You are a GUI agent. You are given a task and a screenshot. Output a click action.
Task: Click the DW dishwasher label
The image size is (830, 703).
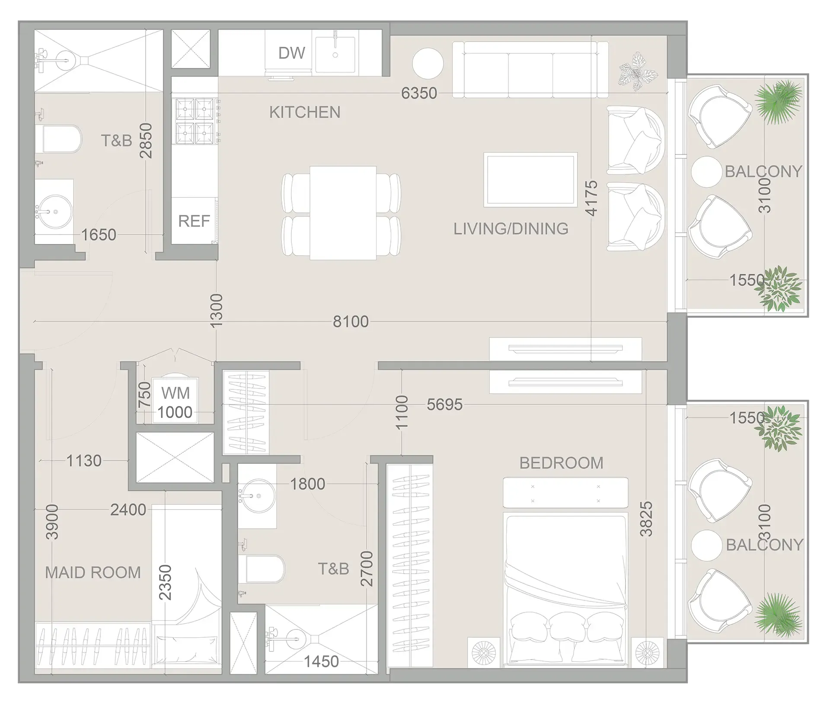pyautogui.click(x=292, y=53)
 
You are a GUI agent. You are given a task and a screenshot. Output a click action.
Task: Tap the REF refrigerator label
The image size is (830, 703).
pyautogui.click(x=194, y=221)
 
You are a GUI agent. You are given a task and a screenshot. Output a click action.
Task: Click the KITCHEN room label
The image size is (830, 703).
pyautogui.click(x=305, y=112)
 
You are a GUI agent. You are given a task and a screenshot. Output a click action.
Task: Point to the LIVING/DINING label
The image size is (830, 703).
pyautogui.click(x=511, y=228)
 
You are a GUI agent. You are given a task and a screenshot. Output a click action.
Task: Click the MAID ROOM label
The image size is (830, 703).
pyautogui.click(x=93, y=573)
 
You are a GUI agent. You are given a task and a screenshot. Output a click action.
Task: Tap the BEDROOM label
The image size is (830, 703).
pyautogui.click(x=561, y=463)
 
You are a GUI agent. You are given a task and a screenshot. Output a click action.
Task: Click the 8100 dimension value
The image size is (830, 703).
pyautogui.click(x=351, y=321)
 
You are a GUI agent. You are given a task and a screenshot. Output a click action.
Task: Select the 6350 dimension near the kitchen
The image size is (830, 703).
pyautogui.click(x=419, y=93)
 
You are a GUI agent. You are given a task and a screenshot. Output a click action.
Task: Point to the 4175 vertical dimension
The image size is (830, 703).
pyautogui.click(x=591, y=198)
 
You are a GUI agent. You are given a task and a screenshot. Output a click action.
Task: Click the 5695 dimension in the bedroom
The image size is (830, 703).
pyautogui.click(x=444, y=404)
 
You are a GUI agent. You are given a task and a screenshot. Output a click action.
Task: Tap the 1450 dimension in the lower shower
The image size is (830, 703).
pyautogui.click(x=321, y=661)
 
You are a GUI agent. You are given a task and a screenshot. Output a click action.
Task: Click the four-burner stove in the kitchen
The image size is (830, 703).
pyautogui.click(x=195, y=121)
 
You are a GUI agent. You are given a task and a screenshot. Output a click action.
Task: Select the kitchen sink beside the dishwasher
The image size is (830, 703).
pyautogui.click(x=335, y=54)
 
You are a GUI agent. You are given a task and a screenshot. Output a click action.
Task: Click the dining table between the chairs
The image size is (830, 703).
pyautogui.click(x=342, y=213)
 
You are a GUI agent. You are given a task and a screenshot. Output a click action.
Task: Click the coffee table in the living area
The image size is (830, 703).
pyautogui.click(x=530, y=179)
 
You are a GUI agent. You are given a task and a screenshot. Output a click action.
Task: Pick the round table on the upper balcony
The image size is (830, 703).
pyautogui.click(x=706, y=172)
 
